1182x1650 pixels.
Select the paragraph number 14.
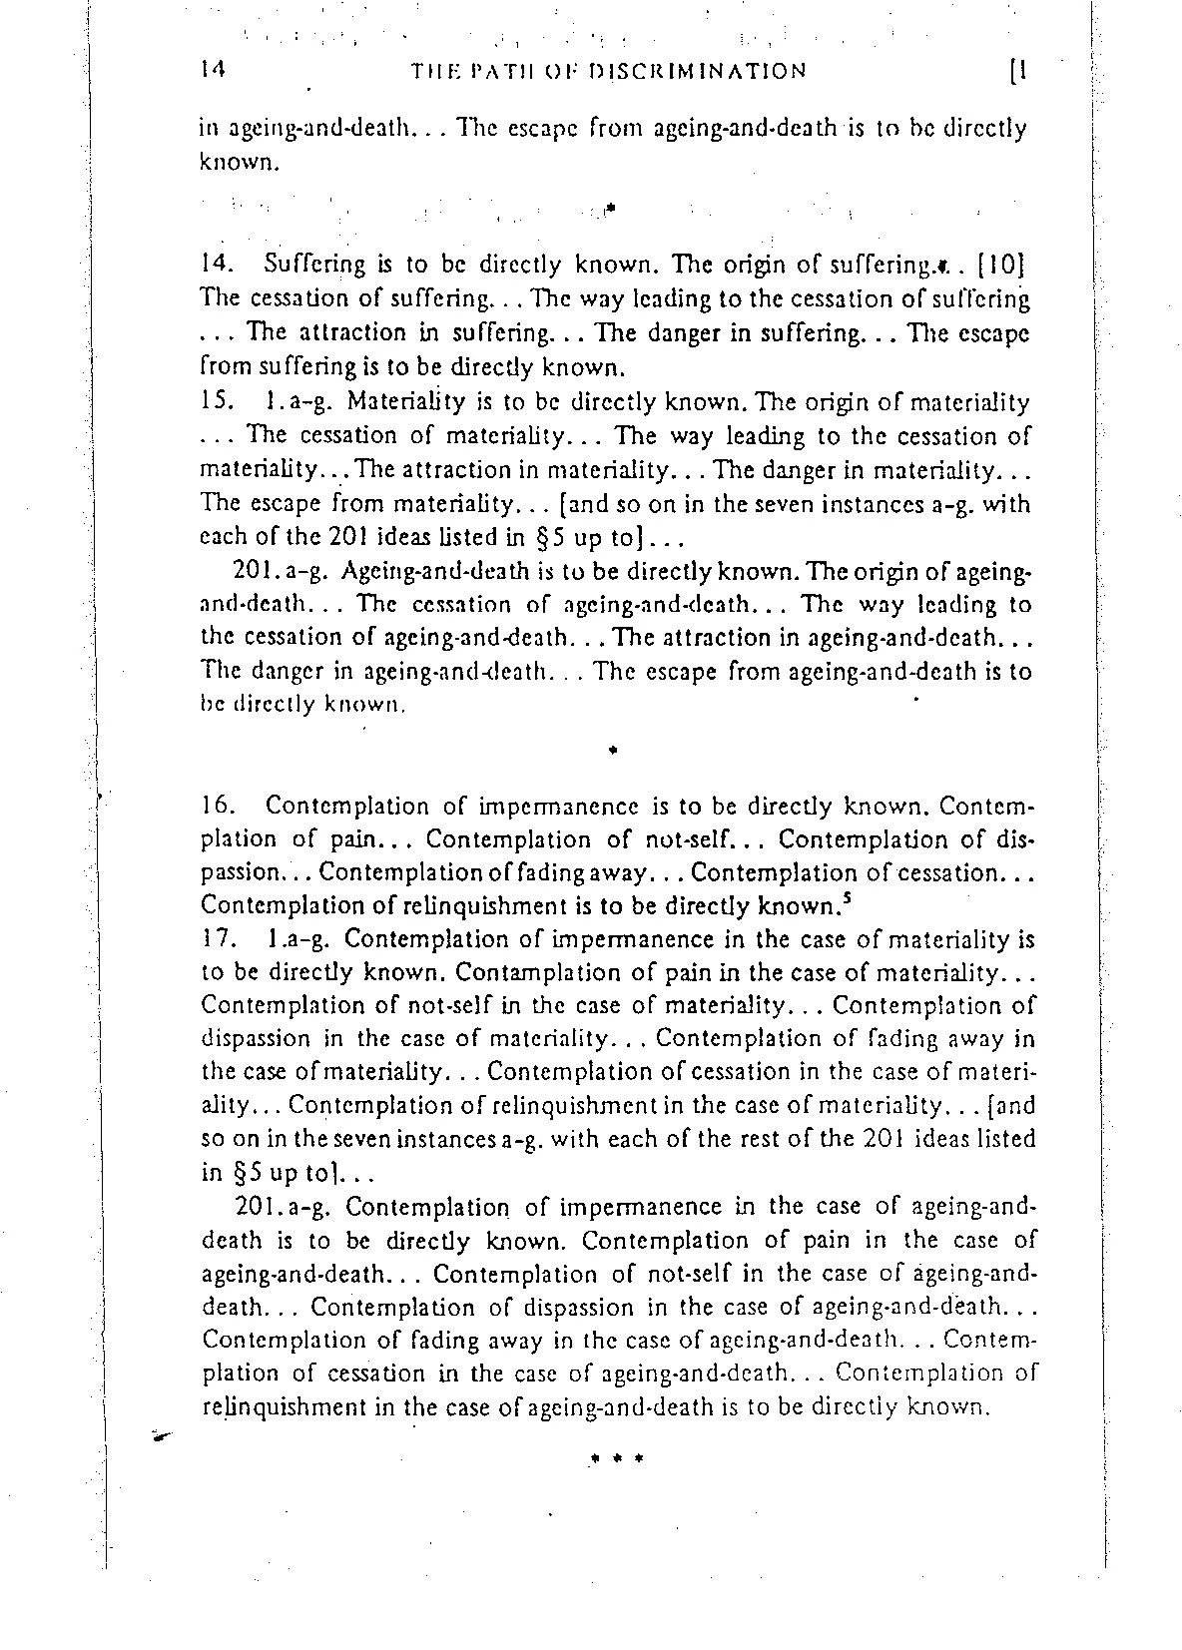pyautogui.click(x=215, y=266)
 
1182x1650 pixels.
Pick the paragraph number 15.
pyautogui.click(x=215, y=402)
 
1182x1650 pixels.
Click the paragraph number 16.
pyautogui.click(x=217, y=806)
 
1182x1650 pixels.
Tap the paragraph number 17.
pyautogui.click(x=216, y=939)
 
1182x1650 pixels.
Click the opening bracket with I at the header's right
pyautogui.click(x=1019, y=71)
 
